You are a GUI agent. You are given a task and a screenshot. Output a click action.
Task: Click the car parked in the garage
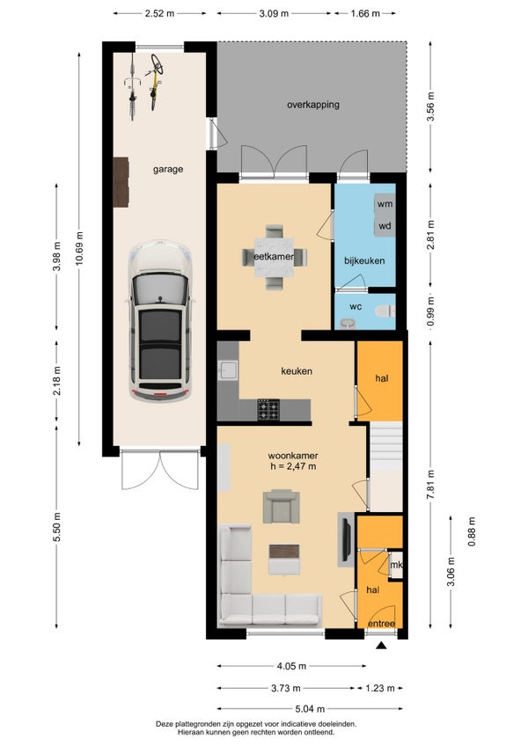161,322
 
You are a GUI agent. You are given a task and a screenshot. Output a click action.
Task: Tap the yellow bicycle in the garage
155,82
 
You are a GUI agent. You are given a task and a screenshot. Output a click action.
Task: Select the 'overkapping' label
313,104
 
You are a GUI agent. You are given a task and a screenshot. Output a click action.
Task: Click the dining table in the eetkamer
275,257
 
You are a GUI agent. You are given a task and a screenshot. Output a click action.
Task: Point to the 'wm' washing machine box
385,203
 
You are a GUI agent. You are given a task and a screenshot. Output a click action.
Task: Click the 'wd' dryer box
385,225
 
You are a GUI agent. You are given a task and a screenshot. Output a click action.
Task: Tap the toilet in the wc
385,311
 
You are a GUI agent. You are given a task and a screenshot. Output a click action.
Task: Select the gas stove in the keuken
268,409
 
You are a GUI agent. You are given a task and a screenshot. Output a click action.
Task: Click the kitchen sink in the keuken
228,370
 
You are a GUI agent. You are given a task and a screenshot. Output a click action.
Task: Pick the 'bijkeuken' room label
364,260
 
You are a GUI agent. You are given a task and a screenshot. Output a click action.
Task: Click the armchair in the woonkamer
281,507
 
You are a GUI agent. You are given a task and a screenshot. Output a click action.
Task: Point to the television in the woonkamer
346,539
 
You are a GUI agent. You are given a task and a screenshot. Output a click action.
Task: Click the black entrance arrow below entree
381,645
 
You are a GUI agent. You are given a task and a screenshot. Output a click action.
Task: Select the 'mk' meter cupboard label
396,565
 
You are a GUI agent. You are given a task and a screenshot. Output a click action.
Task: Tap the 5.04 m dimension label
310,709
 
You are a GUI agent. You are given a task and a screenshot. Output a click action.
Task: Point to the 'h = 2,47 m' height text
293,466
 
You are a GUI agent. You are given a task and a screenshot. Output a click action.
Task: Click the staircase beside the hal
386,446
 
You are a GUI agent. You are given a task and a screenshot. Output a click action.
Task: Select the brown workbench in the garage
121,182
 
